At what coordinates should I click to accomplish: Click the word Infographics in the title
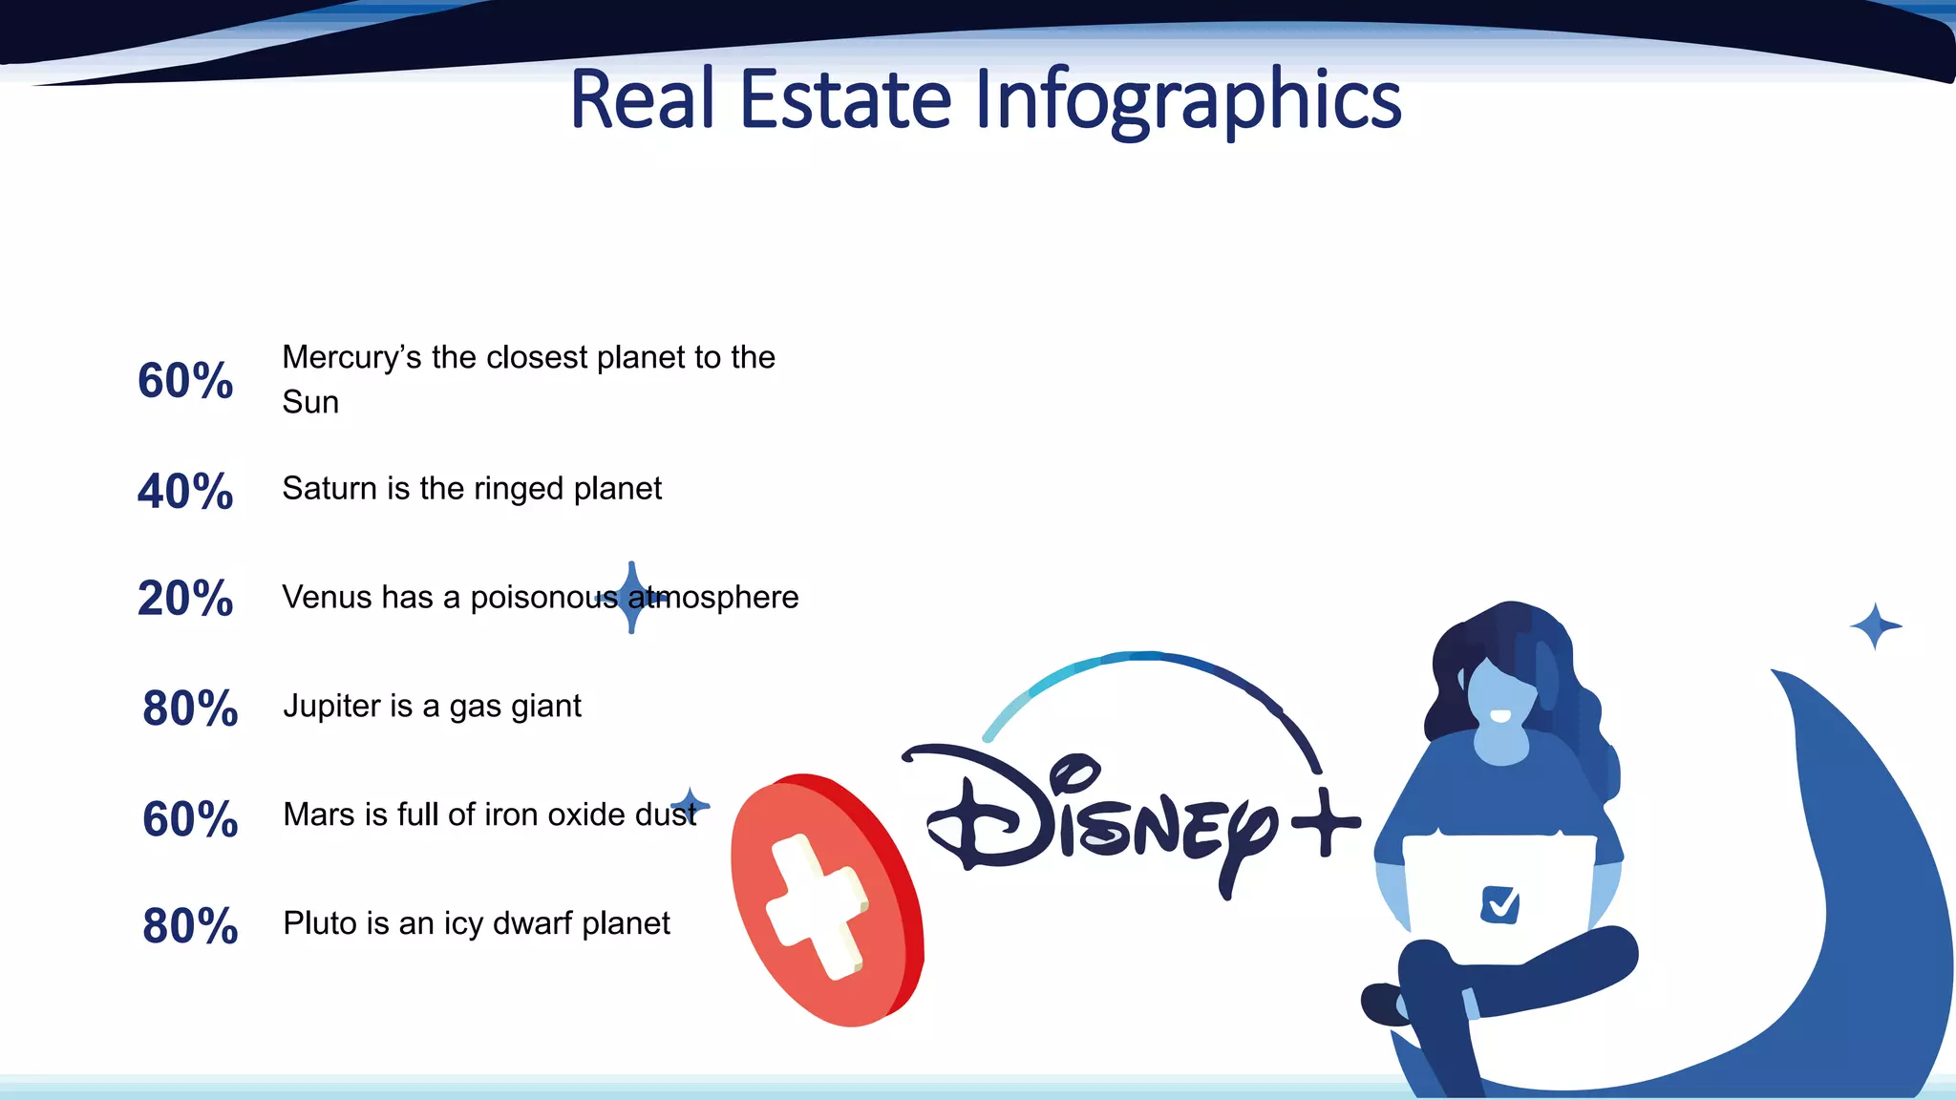(1187, 100)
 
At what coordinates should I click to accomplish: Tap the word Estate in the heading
(845, 99)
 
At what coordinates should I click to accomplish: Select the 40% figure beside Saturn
(185, 492)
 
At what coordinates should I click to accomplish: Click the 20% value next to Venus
(185, 599)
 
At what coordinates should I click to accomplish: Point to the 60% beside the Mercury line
(185, 381)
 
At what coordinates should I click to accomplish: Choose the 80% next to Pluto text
(190, 926)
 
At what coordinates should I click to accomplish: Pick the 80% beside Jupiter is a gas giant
(190, 709)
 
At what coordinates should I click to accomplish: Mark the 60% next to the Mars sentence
(190, 819)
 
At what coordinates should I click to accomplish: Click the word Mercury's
(351, 358)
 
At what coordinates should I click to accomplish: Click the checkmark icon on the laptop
(1499, 903)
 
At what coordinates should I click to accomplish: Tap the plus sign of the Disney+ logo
(1325, 822)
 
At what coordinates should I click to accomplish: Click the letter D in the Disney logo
(984, 812)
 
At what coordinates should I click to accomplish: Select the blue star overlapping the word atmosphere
(631, 598)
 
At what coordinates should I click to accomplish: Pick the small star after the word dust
(690, 803)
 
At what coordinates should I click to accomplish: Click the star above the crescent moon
(1876, 626)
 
